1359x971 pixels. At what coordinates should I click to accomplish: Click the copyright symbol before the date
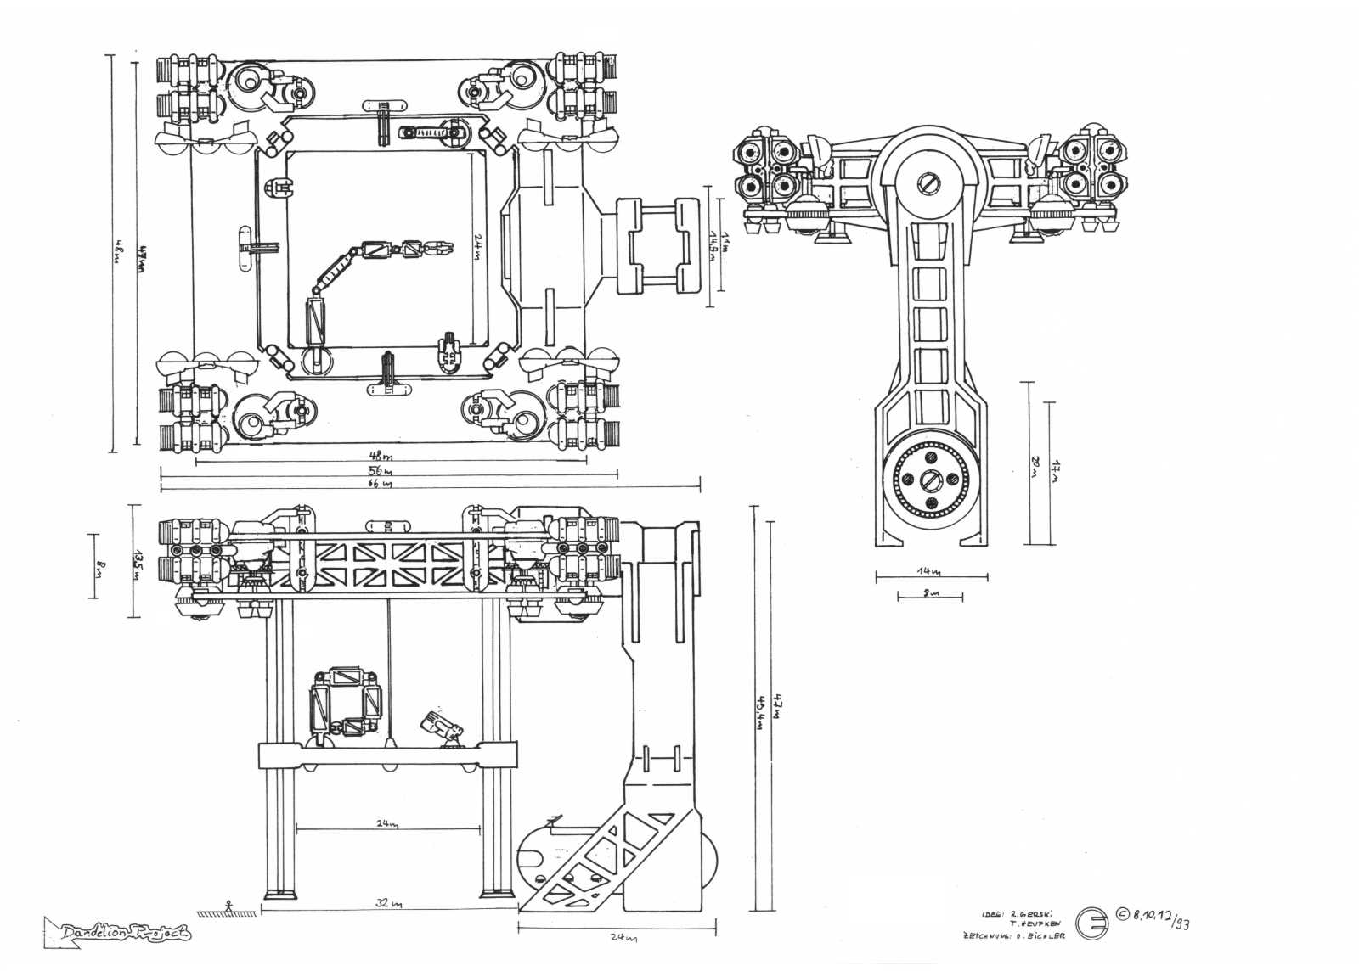1123,913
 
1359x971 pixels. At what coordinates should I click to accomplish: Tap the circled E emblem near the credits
1093,923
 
